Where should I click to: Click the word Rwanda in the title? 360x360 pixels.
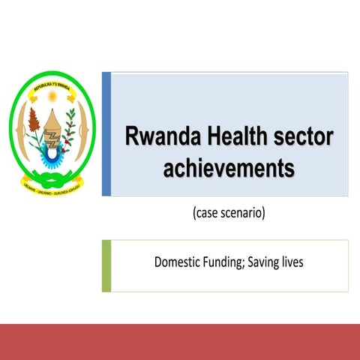point(154,137)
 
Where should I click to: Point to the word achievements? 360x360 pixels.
point(228,167)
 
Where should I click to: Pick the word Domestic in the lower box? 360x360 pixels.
point(178,263)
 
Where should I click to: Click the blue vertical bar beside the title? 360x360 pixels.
point(106,133)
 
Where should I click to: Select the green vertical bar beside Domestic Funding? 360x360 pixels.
point(106,265)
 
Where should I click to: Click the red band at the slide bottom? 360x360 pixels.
point(180,342)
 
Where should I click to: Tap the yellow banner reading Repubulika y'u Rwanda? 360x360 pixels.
point(52,86)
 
